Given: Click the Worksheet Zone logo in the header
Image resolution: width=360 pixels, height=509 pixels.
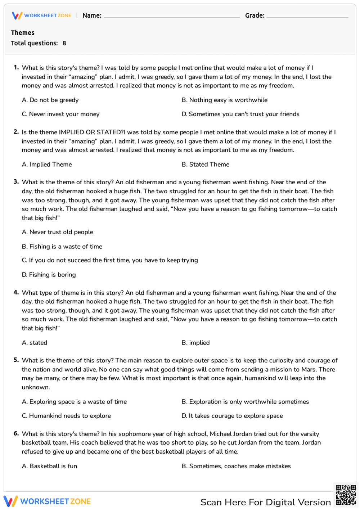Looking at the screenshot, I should (42, 15).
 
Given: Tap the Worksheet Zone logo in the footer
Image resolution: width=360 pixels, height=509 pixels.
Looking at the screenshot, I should (47, 501).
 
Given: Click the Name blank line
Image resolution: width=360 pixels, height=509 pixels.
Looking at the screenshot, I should (171, 17).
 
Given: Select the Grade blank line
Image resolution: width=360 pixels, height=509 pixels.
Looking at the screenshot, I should (307, 17).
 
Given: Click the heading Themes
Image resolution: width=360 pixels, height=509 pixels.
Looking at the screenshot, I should (23, 33).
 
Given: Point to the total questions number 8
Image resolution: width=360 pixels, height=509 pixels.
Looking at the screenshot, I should (64, 43).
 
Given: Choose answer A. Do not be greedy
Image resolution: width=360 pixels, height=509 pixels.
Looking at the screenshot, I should (50, 100).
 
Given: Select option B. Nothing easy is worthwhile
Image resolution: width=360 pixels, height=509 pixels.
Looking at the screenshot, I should (224, 100).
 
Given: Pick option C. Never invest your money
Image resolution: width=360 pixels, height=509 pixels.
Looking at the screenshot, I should (60, 114).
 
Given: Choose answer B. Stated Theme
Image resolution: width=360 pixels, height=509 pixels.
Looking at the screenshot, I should (205, 165).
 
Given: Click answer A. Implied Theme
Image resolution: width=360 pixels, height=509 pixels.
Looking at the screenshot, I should (47, 165).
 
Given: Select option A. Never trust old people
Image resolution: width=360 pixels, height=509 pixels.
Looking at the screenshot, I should (57, 232).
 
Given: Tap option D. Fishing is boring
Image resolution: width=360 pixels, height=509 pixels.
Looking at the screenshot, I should (49, 275).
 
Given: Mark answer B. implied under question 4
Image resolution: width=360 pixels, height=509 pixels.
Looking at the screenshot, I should (195, 343).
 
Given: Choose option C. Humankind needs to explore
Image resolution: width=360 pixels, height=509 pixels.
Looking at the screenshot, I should (66, 416).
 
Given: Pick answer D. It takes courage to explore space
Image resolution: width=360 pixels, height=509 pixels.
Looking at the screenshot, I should (232, 416).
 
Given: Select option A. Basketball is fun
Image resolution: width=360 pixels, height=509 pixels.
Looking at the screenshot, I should (49, 466).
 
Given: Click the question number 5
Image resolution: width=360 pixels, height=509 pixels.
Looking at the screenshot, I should (16, 360).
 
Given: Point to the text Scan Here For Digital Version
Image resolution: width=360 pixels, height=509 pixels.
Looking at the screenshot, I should (265, 502).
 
